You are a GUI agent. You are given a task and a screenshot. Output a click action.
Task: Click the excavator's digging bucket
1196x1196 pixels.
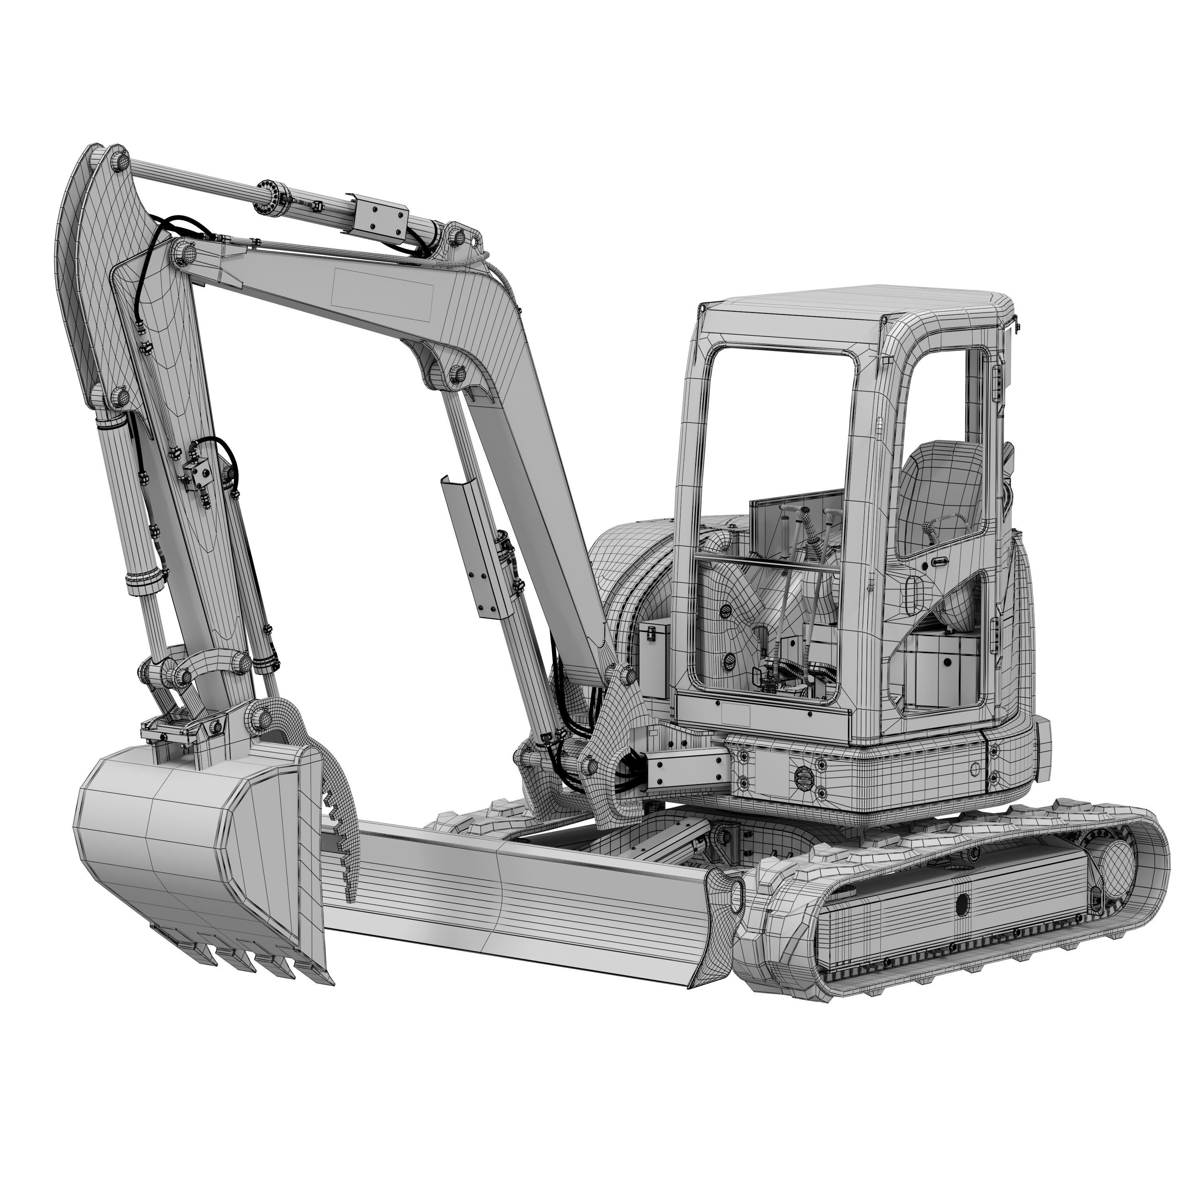point(186,848)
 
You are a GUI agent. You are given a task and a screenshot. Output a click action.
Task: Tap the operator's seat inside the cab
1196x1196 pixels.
point(941,489)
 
